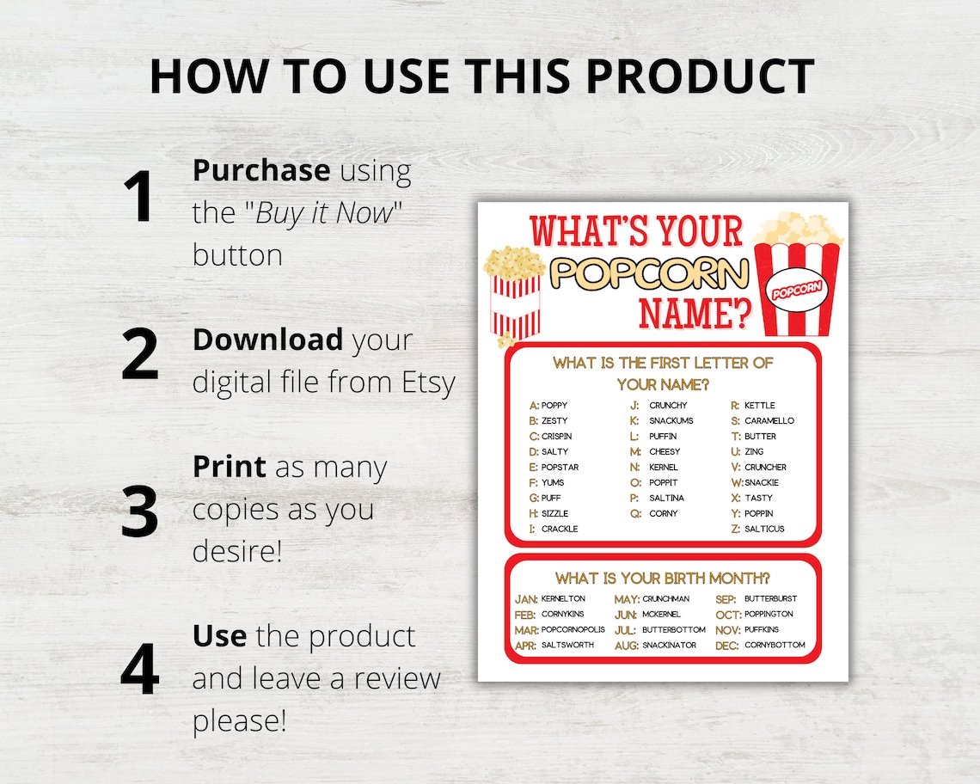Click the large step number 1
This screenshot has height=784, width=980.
(x=138, y=198)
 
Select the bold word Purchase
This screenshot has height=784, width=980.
(x=260, y=170)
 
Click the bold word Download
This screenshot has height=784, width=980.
(x=267, y=340)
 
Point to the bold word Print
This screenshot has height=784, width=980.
(x=230, y=467)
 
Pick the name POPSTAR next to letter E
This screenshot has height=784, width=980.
(x=560, y=467)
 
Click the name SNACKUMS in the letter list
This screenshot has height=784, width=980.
(x=671, y=420)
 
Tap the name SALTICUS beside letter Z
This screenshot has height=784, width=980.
(x=764, y=529)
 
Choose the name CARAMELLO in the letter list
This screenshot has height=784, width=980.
(x=769, y=420)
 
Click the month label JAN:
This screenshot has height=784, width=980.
(x=526, y=598)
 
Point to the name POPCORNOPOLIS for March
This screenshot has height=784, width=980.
(x=573, y=629)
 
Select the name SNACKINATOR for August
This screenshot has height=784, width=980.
(x=669, y=645)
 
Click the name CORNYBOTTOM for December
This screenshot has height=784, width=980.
(x=775, y=645)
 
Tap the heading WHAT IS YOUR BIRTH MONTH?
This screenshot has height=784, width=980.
(x=662, y=578)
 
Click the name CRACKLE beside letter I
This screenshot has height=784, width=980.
(x=559, y=529)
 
